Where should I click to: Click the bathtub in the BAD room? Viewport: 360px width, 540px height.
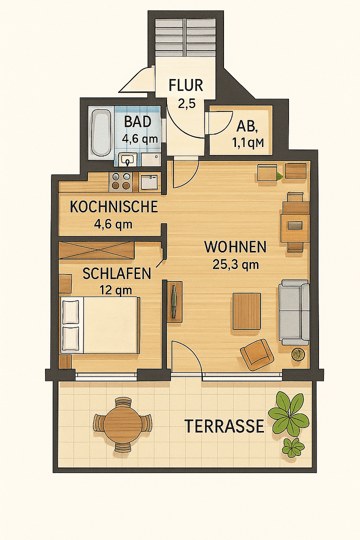(x=101, y=132)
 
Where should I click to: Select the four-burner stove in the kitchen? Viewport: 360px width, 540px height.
(x=121, y=181)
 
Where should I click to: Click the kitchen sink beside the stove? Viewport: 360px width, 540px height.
(x=148, y=181)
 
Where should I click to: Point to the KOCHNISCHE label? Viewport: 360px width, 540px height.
(x=113, y=206)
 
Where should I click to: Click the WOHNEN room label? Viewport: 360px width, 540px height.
(x=235, y=247)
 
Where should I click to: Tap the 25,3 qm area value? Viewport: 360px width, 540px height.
(x=235, y=264)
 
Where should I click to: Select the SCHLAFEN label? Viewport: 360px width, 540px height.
(x=116, y=273)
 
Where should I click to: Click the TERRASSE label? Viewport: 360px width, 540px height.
(x=224, y=426)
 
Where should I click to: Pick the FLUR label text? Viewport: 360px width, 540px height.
(x=185, y=85)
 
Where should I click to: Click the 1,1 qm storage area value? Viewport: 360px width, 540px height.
(x=247, y=143)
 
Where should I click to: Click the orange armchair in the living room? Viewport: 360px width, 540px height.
(x=257, y=353)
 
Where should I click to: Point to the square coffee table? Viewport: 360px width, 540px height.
(x=246, y=311)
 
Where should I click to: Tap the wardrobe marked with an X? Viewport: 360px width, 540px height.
(x=96, y=250)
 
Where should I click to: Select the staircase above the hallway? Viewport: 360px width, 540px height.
(x=185, y=37)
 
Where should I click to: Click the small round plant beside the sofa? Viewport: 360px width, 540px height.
(x=298, y=354)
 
